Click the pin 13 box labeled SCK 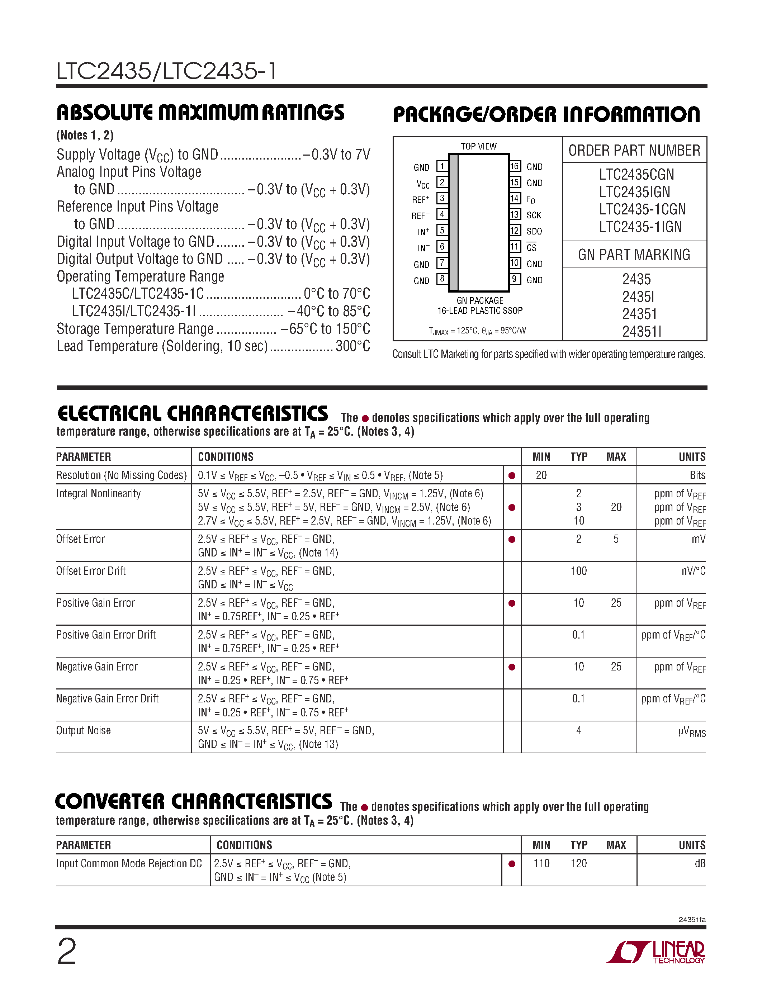[x=514, y=214]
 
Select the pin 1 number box [x=441, y=166]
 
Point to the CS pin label [x=531, y=247]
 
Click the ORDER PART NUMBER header [x=634, y=150]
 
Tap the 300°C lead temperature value [x=352, y=346]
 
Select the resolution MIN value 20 [x=541, y=475]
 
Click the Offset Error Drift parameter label [x=91, y=571]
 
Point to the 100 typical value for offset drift [x=578, y=571]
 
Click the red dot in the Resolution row [x=512, y=475]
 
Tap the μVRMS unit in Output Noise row [x=692, y=731]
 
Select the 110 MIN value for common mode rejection [x=541, y=863]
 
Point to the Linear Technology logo [x=655, y=952]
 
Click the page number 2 [x=67, y=952]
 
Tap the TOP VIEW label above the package [x=478, y=146]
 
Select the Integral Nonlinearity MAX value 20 [x=616, y=507]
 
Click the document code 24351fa [x=692, y=920]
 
